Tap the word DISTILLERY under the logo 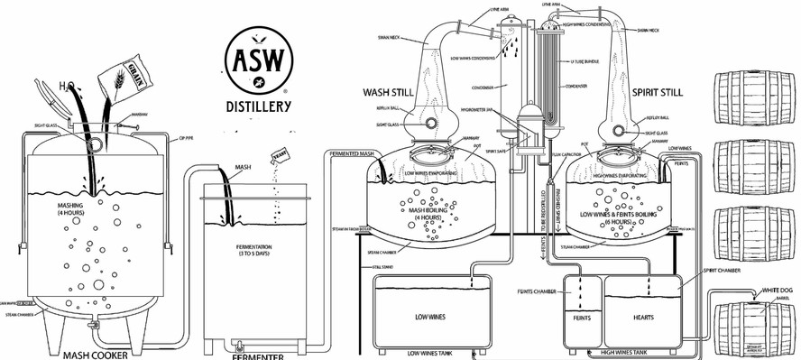(x=258, y=107)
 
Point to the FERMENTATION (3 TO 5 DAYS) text (x=256, y=248)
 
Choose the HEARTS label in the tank (x=643, y=317)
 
